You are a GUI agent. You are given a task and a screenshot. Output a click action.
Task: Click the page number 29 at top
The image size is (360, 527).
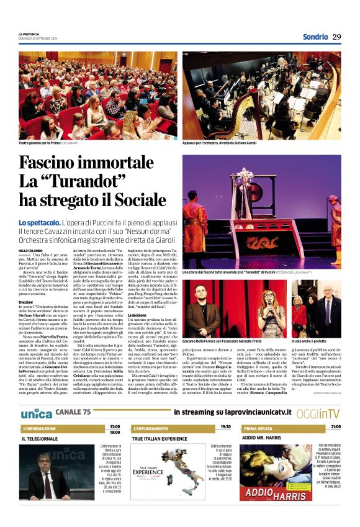[336, 37]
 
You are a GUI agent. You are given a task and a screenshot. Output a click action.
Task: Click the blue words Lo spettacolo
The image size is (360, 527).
[39, 222]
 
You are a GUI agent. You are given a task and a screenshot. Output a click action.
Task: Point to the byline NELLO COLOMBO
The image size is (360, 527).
[30, 250]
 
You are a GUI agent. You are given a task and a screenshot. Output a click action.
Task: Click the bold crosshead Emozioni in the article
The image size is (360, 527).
[27, 302]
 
